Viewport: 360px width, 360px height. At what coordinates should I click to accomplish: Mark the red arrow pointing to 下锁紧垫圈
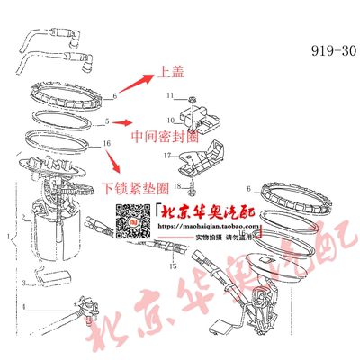pos(114,160)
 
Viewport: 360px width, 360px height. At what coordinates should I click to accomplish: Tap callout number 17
pos(168,156)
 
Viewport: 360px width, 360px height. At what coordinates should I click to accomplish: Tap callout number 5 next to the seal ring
pos(107,121)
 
